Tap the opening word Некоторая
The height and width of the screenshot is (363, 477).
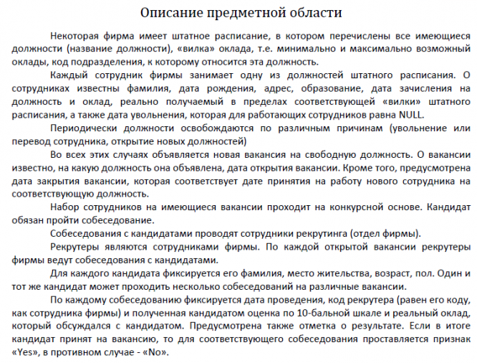pos(77,36)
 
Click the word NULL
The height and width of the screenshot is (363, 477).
pos(409,115)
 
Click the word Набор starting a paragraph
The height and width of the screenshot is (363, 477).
pos(67,207)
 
